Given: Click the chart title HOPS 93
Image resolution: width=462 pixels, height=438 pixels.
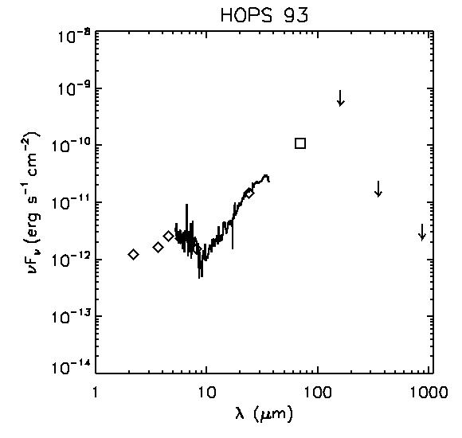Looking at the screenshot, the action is click(264, 15).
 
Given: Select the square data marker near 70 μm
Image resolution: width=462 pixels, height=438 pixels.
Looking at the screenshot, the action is click(300, 143).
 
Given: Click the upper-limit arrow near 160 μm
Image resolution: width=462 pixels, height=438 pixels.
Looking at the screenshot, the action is click(341, 98).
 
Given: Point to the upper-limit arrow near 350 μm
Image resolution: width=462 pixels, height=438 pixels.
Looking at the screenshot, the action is click(378, 189).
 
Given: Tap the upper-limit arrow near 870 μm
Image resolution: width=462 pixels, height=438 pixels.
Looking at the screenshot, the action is click(422, 232).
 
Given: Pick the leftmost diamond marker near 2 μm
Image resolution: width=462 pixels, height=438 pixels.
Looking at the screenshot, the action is click(134, 254).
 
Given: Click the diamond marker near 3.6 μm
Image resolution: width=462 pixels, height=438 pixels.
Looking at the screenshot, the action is click(159, 248).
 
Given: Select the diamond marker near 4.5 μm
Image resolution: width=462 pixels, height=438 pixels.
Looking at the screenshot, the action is click(169, 236).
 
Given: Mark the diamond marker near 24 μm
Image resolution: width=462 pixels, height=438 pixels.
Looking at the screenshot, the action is click(249, 194).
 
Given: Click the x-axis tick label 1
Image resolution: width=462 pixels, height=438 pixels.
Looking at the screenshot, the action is click(95, 392).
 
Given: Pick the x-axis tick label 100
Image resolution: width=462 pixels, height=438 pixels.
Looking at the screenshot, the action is click(318, 392).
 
